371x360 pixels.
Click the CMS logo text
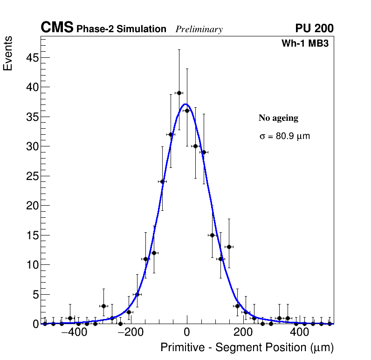57,28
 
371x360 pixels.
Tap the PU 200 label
314,28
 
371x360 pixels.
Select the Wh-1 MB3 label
305,44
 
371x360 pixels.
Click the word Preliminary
199,29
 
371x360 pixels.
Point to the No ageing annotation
278,118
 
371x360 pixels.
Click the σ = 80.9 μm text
284,136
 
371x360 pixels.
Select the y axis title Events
8,53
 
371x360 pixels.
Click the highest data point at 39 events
179,93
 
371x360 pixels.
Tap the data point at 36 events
187,111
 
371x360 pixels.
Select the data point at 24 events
162,181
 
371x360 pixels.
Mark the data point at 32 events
171,134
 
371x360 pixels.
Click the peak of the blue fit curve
185,104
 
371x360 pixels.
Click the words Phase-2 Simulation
121,29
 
